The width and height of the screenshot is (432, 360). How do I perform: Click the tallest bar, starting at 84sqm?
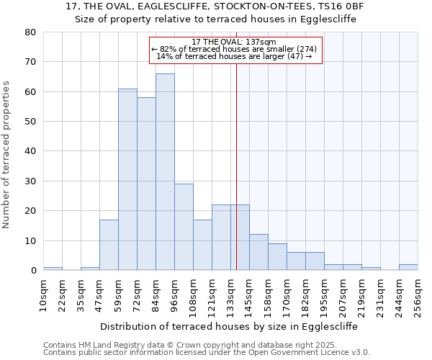[x=165, y=172]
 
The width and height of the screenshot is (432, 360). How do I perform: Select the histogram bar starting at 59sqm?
[x=127, y=179]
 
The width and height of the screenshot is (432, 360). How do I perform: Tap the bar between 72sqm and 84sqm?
[x=146, y=184]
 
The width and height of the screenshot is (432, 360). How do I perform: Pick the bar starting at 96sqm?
[x=184, y=227]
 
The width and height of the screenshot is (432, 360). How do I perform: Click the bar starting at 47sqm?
[x=109, y=245]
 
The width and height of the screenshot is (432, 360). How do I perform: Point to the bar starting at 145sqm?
[x=258, y=252]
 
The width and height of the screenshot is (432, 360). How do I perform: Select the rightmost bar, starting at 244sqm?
[x=408, y=267]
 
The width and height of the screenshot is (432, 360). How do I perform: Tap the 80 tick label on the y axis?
[x=30, y=32]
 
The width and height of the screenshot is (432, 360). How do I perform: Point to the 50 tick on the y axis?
[x=30, y=122]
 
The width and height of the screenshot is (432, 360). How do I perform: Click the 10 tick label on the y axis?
[x=30, y=240]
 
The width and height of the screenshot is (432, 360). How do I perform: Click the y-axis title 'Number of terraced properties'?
[x=6, y=155]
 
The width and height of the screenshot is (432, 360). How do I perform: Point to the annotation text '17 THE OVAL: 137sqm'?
[x=235, y=42]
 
